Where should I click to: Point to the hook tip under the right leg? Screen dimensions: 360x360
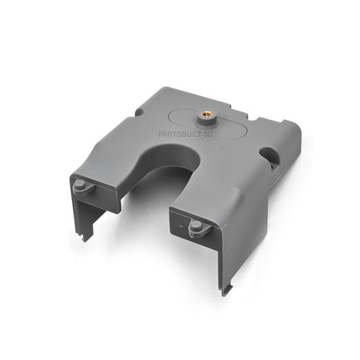(228, 291)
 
